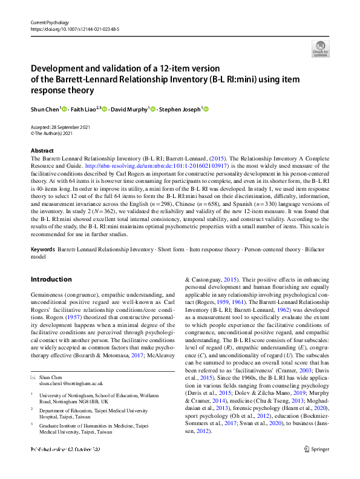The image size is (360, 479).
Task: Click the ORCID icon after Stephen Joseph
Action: (206, 109)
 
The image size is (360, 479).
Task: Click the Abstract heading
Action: (42, 151)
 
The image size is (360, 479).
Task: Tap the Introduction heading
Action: (51, 279)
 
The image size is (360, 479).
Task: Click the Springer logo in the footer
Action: (317, 466)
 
